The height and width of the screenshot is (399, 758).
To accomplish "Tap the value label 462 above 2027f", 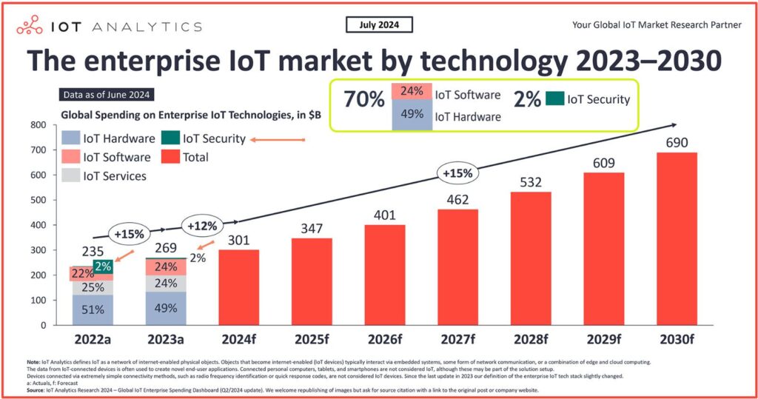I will point(457,198).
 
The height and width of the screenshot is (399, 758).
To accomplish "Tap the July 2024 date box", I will point(379,25).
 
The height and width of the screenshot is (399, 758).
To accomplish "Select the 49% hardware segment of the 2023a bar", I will point(166,309).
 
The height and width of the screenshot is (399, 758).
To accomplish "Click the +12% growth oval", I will point(201,225).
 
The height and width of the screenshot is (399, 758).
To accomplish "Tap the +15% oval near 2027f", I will point(457,174).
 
